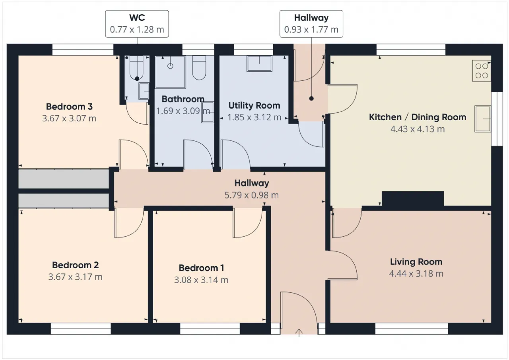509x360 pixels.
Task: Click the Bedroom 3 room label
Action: coord(69,107)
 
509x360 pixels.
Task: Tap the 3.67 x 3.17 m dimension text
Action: coord(76,277)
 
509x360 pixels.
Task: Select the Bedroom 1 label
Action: coord(201,268)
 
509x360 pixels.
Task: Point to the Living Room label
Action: coord(416,262)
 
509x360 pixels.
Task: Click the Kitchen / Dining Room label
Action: coord(418,117)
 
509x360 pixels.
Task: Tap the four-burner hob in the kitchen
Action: coord(482,71)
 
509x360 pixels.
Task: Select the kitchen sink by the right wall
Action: coord(483,119)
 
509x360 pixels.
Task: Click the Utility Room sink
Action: coord(260,64)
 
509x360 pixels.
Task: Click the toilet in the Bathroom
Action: coord(199,68)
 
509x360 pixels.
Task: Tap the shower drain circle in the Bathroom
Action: coord(170,66)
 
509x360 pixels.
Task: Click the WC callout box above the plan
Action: coord(137,23)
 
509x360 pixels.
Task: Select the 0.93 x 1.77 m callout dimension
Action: coord(311,29)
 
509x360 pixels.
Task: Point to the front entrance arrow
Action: coord(299,333)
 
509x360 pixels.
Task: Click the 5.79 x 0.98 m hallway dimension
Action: coord(252,195)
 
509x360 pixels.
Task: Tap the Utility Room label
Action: coord(254,105)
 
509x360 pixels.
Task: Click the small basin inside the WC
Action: coord(144,91)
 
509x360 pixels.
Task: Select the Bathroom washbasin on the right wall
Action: coord(208,112)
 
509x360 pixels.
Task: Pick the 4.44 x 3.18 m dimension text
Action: coord(416,274)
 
